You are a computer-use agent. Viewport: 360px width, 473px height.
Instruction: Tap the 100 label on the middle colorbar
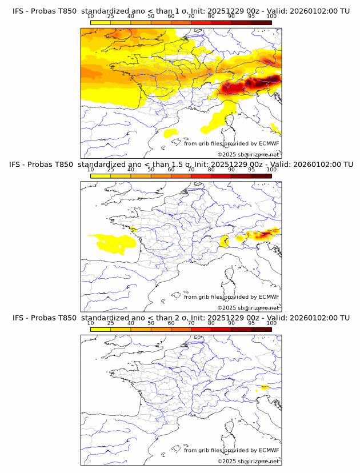tap(271, 170)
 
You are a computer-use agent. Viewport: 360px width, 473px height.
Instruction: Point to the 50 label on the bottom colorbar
tap(151, 323)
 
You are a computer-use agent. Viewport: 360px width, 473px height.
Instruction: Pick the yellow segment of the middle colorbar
tap(101, 176)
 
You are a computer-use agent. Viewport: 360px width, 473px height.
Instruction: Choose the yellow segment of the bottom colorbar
tap(101, 330)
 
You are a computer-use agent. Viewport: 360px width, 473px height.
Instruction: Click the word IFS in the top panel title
tap(18, 5)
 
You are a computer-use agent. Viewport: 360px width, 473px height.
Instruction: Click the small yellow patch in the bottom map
tap(263, 388)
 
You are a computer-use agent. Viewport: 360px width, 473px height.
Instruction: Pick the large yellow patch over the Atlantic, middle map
tap(114, 243)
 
